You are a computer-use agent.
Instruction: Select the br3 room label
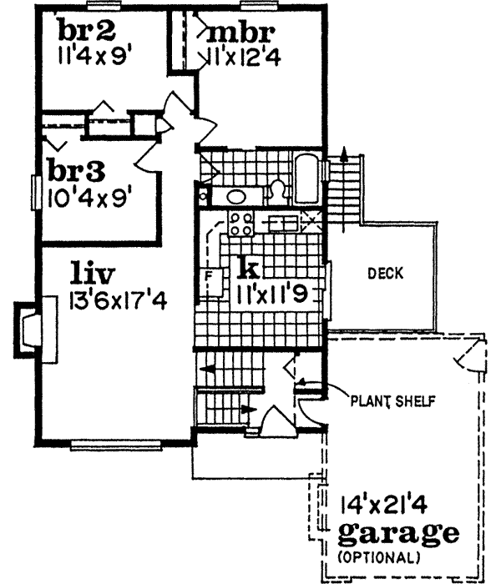pyautogui.click(x=75, y=170)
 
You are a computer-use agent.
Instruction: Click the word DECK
pyautogui.click(x=385, y=273)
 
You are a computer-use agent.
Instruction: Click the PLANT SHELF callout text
pyautogui.click(x=392, y=400)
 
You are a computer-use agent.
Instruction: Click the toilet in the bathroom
pyautogui.click(x=277, y=192)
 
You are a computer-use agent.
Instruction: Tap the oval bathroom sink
pyautogui.click(x=237, y=197)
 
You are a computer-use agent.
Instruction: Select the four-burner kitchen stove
pyautogui.click(x=242, y=223)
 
